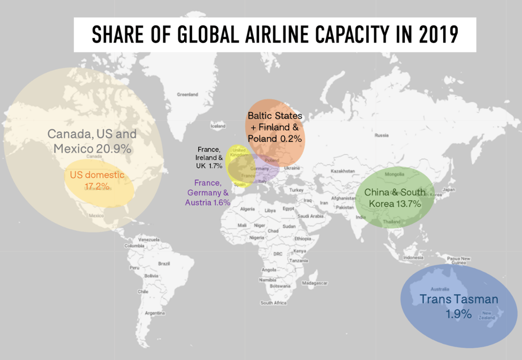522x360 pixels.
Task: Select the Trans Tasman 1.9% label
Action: (458, 306)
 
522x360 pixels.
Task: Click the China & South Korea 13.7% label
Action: (395, 198)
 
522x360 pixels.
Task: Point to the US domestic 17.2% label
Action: (97, 180)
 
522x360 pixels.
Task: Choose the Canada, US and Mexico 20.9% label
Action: (92, 141)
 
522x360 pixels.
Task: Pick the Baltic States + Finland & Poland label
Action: (275, 127)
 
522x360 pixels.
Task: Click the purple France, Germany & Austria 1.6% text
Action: (207, 192)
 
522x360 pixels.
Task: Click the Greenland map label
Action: (187, 94)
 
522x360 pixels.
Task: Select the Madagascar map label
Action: (315, 282)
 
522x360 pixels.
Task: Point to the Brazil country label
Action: (164, 264)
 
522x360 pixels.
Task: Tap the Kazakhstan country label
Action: (343, 171)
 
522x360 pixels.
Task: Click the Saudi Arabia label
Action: (311, 216)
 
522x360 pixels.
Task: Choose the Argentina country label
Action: (153, 312)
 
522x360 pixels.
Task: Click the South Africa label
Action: (274, 303)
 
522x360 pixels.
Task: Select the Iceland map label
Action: (218, 126)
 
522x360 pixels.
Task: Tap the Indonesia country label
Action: (413, 258)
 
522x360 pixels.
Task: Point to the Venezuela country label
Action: (149, 239)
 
